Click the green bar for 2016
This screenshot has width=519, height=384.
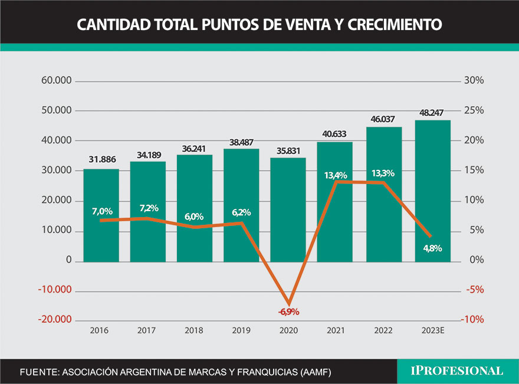[101, 215]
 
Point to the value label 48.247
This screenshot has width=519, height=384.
[433, 112]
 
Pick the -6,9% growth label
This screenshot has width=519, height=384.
[289, 311]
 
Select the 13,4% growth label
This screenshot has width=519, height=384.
[336, 175]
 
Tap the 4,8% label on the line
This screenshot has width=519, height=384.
[433, 248]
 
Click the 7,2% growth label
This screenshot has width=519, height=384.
[149, 209]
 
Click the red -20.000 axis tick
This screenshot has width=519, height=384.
[54, 320]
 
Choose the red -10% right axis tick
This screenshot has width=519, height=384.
[472, 320]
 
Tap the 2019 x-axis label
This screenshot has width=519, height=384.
[241, 330]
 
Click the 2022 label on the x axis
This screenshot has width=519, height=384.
[383, 330]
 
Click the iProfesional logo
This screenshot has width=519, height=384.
[457, 371]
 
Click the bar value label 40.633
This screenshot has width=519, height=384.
[336, 133]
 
